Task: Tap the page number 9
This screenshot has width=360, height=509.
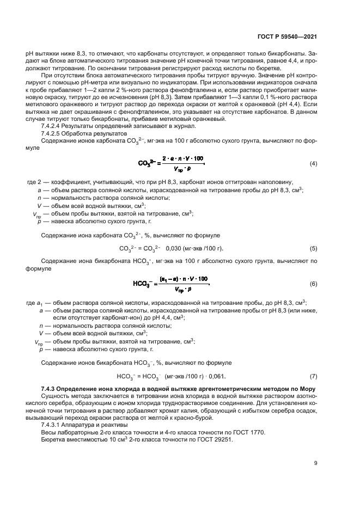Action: point(316,463)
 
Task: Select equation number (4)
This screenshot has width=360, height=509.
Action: point(313,163)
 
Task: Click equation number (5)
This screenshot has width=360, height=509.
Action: point(313,249)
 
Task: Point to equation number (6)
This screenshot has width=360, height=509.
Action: point(313,284)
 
